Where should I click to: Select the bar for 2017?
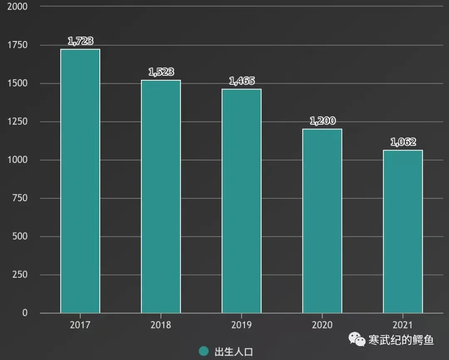[80, 181]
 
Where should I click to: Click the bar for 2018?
[161, 196]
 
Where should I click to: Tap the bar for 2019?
[242, 201]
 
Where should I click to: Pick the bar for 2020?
[322, 221]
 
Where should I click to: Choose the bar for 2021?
[403, 232]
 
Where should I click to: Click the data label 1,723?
[80, 41]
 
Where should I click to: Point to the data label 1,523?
[161, 72]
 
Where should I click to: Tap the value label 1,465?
[242, 81]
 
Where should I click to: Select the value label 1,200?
[322, 121]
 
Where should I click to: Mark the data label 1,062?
[403, 142]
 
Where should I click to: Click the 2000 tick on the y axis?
[17, 7]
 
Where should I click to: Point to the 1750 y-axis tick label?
[17, 45]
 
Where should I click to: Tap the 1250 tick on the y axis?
[17, 121]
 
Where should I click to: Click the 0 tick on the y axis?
[25, 313]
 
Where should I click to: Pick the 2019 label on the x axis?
[242, 325]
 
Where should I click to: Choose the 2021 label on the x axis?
[403, 325]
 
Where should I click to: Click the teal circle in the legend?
[204, 351]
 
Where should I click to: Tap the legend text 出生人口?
[234, 352]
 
